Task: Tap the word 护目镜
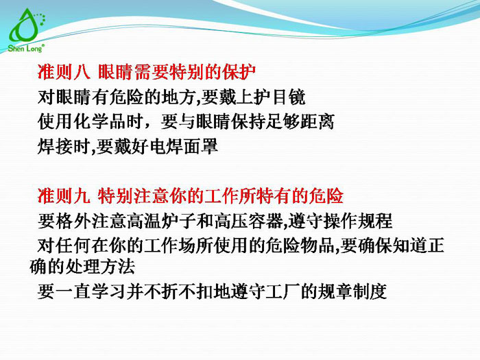coord(286,96)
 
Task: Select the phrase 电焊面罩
coord(189,146)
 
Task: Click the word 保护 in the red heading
coord(241,71)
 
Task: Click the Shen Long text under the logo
coord(26,49)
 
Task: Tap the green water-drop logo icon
coord(25,26)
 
